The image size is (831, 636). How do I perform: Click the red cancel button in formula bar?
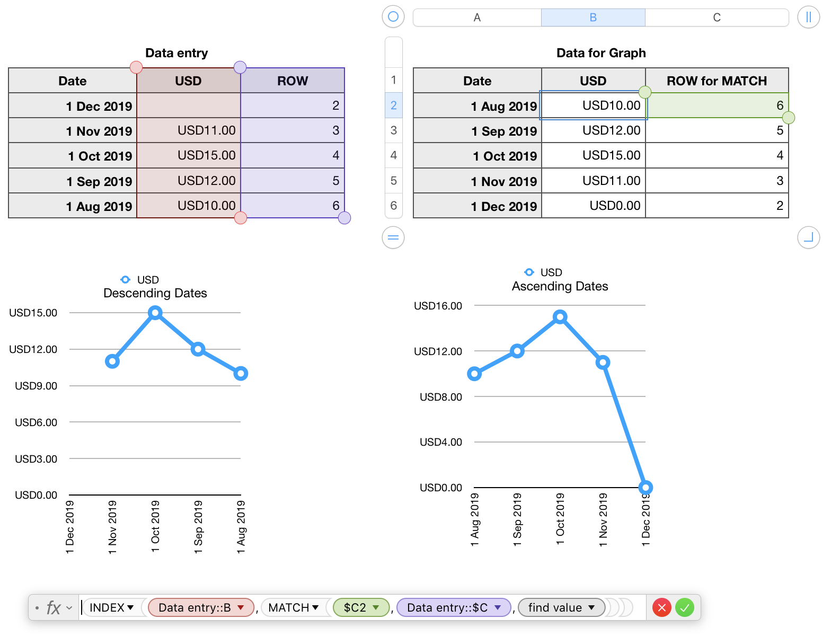pos(661,607)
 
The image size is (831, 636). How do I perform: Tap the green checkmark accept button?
pos(685,607)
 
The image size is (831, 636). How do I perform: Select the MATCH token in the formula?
pos(293,607)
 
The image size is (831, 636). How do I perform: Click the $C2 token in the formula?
pos(361,607)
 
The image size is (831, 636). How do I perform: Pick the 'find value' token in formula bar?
pos(561,607)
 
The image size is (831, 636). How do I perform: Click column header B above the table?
pos(593,17)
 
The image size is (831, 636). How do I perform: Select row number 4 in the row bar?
pos(393,155)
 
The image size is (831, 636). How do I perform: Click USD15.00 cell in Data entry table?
pos(206,155)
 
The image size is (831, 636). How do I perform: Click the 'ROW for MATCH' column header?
pos(717,81)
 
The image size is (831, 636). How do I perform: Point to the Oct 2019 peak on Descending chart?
pos(155,313)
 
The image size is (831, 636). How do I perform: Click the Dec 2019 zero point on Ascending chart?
pos(646,487)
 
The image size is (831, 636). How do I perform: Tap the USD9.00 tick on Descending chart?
pos(36,386)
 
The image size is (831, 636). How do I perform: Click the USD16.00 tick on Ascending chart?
pos(438,306)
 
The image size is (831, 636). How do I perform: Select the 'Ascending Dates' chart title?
pos(560,286)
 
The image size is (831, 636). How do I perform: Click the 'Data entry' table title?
pos(176,53)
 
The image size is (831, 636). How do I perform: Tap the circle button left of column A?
pos(393,17)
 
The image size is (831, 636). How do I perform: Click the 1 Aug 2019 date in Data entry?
pos(99,206)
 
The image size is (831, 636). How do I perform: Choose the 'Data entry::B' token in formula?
pos(201,607)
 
